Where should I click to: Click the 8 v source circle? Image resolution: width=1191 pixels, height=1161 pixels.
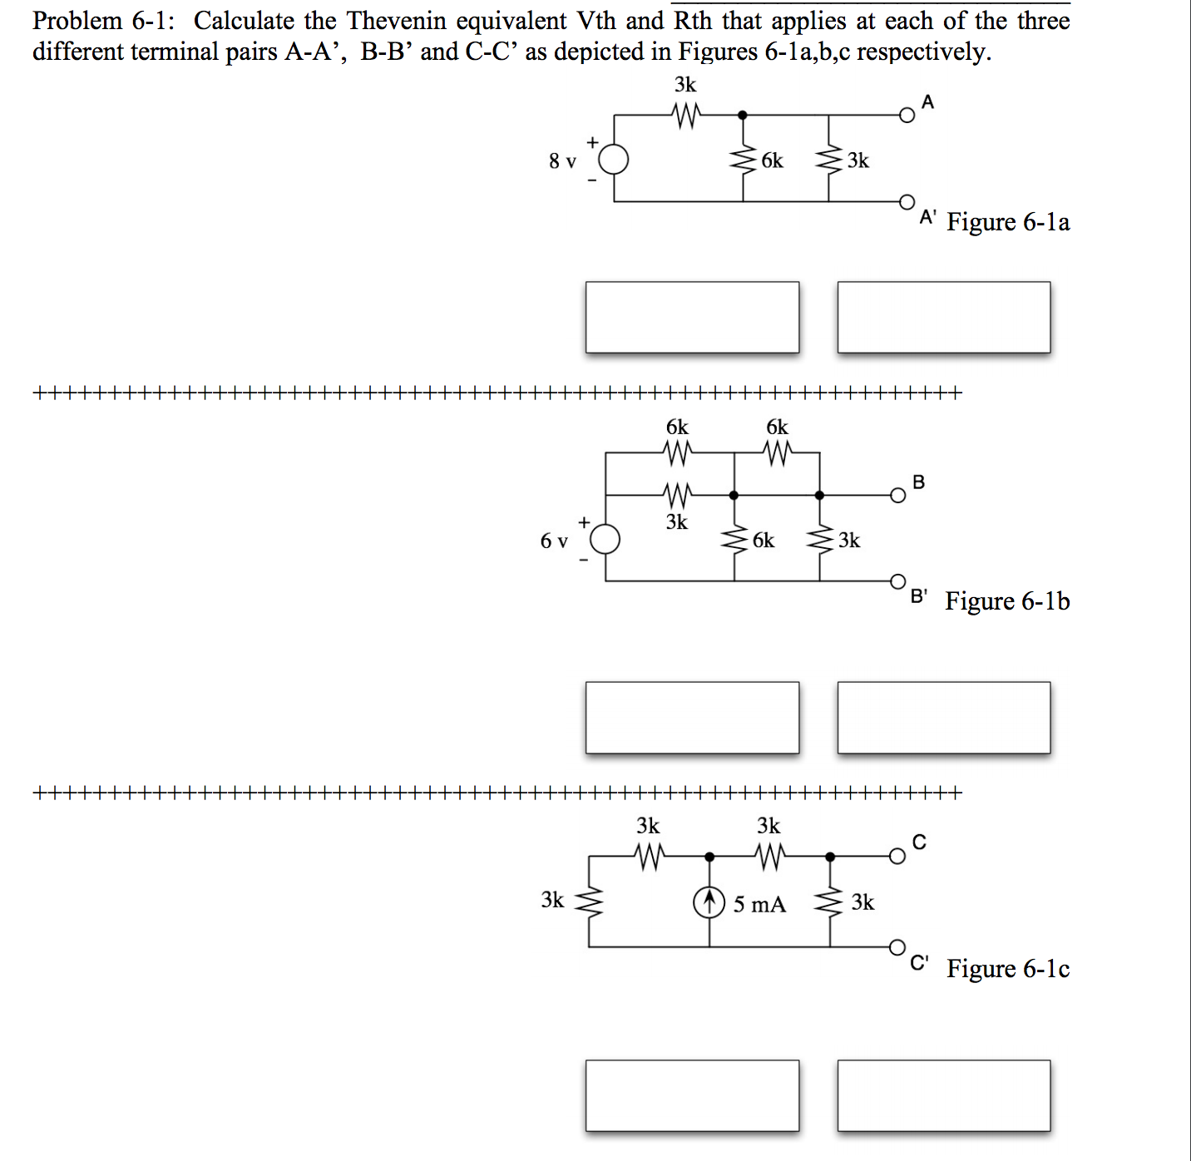click(614, 159)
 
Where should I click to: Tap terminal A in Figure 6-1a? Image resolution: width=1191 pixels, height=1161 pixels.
click(907, 116)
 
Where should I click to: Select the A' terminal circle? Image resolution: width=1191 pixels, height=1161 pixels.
click(907, 202)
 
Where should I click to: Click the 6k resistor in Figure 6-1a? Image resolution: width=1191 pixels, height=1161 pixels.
click(743, 160)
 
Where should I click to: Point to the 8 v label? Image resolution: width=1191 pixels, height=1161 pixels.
click(562, 161)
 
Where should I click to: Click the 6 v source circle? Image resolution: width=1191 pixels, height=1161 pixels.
click(605, 540)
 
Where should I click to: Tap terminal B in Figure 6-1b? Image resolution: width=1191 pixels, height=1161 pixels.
click(897, 496)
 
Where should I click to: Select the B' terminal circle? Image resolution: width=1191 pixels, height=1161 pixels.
click(897, 580)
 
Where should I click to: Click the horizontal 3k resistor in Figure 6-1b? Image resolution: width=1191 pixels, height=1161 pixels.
click(677, 496)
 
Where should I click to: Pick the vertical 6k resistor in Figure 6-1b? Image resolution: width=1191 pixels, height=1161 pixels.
click(734, 541)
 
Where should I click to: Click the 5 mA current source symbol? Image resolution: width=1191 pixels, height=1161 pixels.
click(709, 902)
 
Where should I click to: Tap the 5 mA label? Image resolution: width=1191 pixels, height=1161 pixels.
click(759, 904)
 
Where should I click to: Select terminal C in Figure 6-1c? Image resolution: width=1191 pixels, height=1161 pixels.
click(897, 857)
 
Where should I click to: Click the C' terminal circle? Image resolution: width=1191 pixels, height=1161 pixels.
click(897, 946)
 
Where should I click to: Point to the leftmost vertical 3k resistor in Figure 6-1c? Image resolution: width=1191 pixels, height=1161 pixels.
click(590, 901)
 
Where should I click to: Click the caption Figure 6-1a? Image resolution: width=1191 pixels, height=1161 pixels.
click(1008, 222)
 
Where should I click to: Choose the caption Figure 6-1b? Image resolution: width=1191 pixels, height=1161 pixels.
click(1007, 600)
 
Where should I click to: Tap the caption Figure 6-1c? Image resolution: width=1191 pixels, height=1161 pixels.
click(1008, 969)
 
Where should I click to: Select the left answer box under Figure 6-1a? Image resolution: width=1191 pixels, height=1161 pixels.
click(692, 317)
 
